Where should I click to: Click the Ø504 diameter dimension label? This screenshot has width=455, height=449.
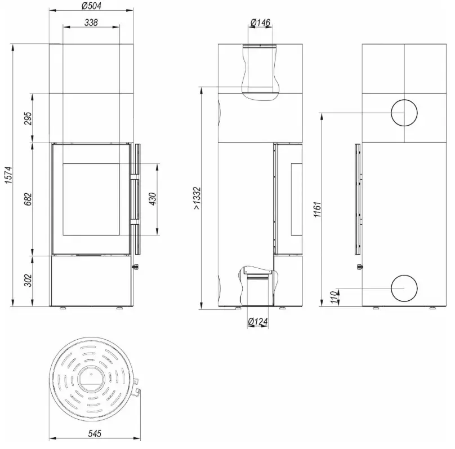pyautogui.click(x=91, y=6)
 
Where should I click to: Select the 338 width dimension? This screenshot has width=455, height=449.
pyautogui.click(x=91, y=23)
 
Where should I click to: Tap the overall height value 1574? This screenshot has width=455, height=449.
pyautogui.click(x=8, y=175)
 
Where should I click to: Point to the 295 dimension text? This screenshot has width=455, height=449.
pyautogui.click(x=28, y=118)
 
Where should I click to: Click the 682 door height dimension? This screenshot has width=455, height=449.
pyautogui.click(x=28, y=199)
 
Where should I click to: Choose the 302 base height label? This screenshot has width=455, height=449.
pyautogui.click(x=28, y=280)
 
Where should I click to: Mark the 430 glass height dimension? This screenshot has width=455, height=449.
pyautogui.click(x=153, y=199)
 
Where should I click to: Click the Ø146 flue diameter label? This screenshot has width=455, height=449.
pyautogui.click(x=260, y=23)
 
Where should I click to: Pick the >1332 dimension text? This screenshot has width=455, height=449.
pyautogui.click(x=197, y=198)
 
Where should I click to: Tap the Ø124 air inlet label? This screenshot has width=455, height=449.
pyautogui.click(x=258, y=321)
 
